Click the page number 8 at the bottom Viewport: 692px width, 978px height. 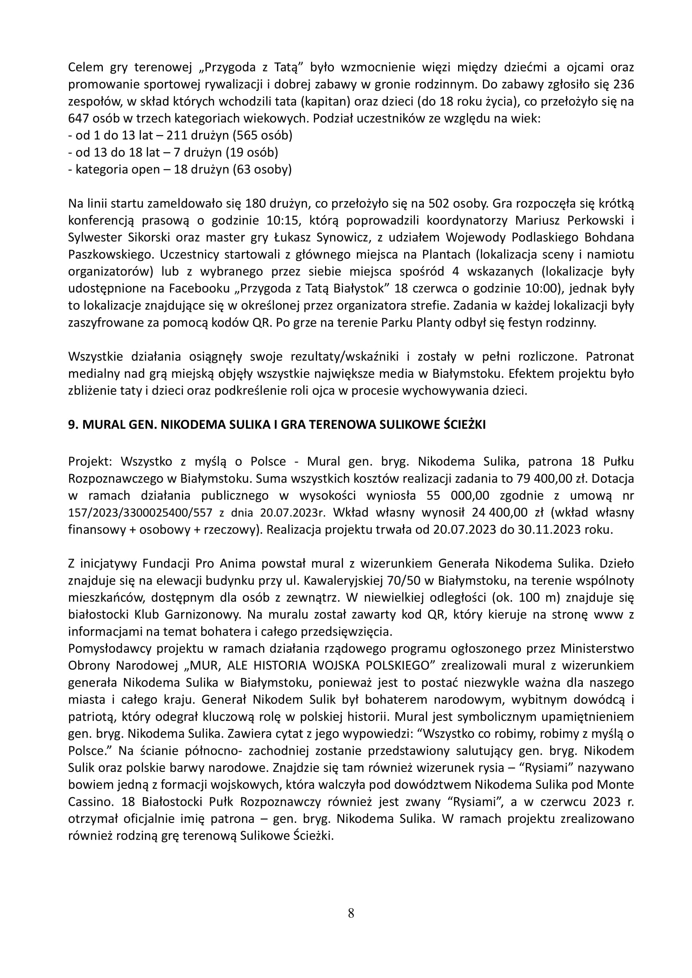coord(351,914)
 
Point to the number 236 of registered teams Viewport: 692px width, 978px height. coord(623,84)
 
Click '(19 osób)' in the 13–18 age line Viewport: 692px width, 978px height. coord(251,153)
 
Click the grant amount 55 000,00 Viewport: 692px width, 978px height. coord(457,496)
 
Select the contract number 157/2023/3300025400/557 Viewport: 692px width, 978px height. coord(141,513)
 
